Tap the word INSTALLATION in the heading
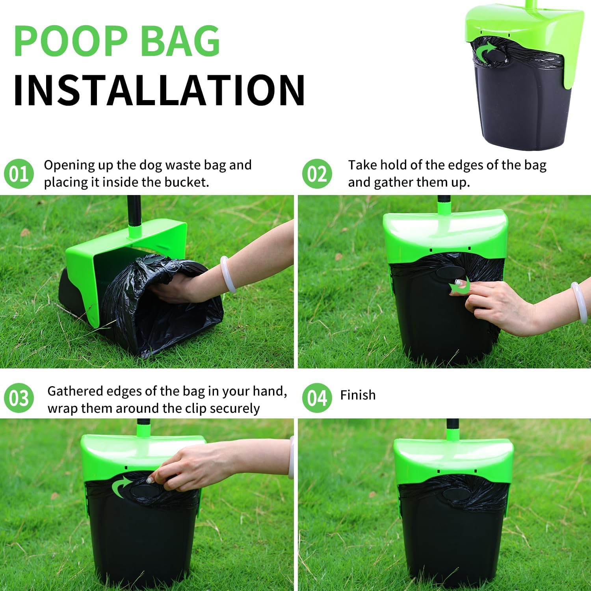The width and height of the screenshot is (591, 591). tap(159, 90)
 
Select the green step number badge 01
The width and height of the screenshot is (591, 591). tap(19, 174)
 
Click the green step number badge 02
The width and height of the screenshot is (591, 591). tap(317, 174)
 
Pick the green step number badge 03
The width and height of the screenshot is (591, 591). tap(19, 398)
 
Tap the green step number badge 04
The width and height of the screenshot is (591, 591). tap(317, 398)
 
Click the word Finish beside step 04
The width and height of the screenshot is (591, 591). tap(358, 395)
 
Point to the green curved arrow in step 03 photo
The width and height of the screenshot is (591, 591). tap(121, 487)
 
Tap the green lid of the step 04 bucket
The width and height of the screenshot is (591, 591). tap(453, 457)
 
